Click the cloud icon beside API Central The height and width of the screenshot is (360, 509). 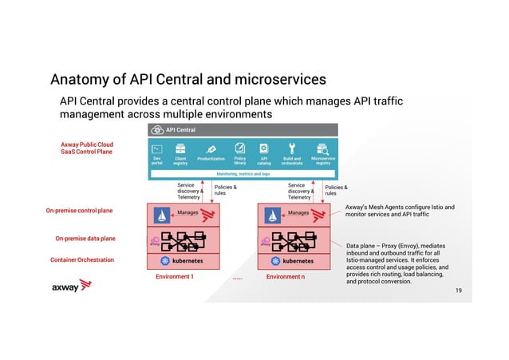click(156, 130)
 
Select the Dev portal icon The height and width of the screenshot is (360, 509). click(157, 148)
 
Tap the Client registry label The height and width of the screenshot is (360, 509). click(181, 161)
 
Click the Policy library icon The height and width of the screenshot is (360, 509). click(239, 148)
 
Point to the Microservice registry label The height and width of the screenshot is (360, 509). click(322, 161)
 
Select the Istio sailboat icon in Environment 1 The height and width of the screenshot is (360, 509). click(162, 216)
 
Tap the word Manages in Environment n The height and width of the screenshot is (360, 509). click(298, 212)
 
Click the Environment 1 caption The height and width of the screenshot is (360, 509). click(175, 276)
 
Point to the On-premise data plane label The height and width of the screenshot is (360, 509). click(85, 238)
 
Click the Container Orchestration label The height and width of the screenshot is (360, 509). click(82, 260)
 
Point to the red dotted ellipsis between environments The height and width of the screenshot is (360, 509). click(238, 279)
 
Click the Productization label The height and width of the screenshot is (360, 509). click(211, 159)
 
